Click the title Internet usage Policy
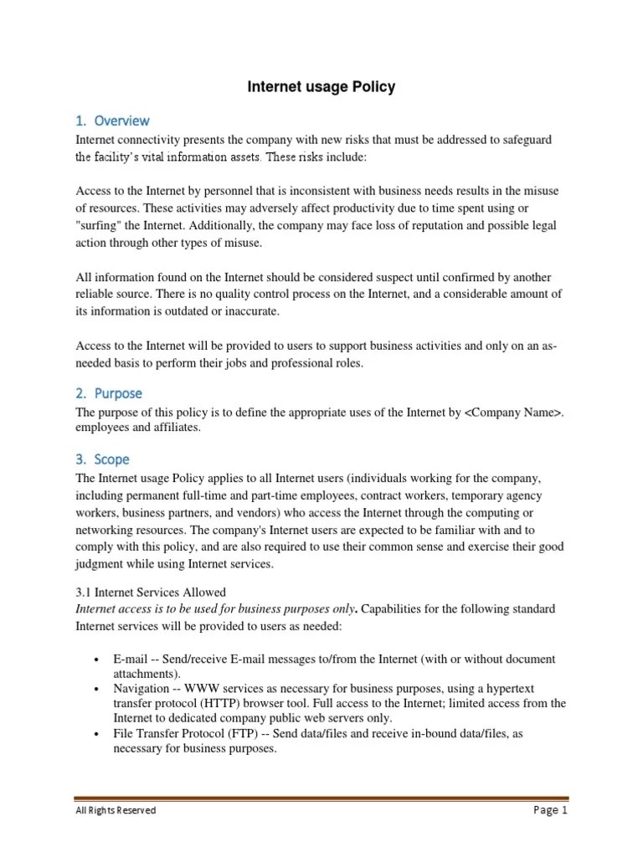click(x=321, y=87)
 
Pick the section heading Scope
click(x=112, y=459)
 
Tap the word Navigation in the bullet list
click(x=142, y=688)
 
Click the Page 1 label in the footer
click(x=550, y=810)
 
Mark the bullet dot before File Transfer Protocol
click(x=99, y=733)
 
